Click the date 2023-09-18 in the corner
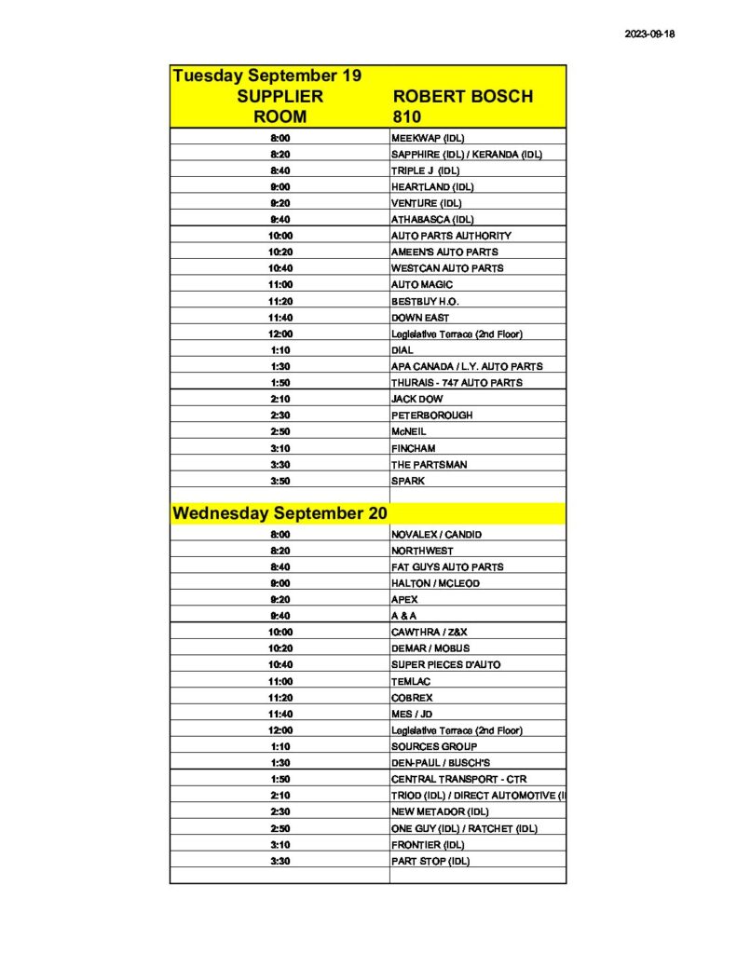click(649, 34)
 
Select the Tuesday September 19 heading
click(266, 75)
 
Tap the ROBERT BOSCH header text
click(463, 97)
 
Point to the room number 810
click(406, 117)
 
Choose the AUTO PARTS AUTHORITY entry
click(451, 236)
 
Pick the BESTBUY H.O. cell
click(425, 301)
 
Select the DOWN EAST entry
click(420, 318)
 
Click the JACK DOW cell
click(416, 399)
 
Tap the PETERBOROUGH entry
click(431, 416)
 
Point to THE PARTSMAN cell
click(429, 464)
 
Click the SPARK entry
click(408, 481)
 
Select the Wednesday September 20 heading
click(280, 513)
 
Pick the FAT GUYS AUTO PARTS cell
click(447, 566)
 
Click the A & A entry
click(405, 616)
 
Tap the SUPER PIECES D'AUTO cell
click(446, 665)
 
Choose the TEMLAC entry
click(412, 681)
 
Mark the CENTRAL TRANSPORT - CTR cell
click(458, 779)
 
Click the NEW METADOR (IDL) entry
click(440, 811)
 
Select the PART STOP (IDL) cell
click(430, 861)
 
